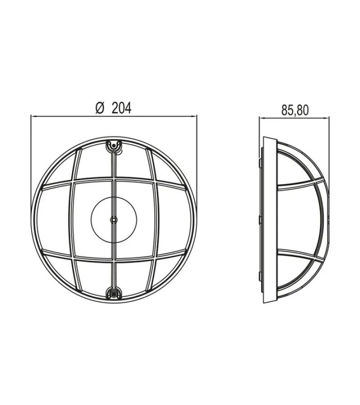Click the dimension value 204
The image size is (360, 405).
point(121,108)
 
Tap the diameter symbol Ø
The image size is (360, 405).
point(100,108)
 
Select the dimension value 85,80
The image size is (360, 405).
point(295,110)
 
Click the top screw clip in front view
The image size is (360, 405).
point(114,146)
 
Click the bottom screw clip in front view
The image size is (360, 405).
point(114,292)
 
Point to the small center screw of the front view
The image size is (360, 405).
point(114,220)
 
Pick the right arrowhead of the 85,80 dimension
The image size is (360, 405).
point(326,118)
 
